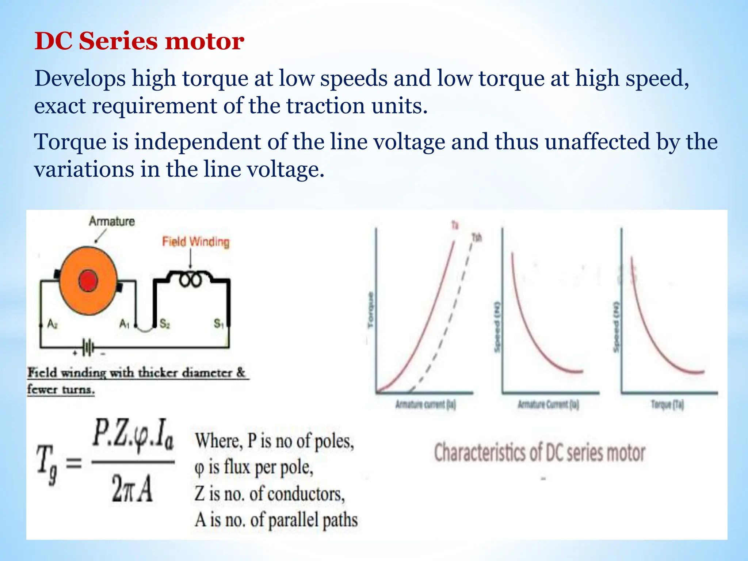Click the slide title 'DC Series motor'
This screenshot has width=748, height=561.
(139, 41)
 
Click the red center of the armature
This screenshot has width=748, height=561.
(88, 281)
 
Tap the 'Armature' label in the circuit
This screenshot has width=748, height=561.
(112, 221)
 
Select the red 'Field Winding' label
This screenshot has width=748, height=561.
(196, 242)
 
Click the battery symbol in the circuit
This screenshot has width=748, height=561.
(88, 347)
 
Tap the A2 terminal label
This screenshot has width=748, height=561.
(53, 324)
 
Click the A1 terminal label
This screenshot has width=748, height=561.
(124, 324)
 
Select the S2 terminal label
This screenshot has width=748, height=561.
(165, 324)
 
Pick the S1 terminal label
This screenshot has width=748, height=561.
(218, 324)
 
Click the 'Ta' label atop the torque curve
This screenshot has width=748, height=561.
(455, 225)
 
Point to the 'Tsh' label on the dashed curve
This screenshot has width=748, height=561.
(477, 238)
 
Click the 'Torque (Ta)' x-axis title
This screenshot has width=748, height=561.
(667, 405)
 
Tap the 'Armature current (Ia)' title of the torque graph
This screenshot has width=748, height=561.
(425, 405)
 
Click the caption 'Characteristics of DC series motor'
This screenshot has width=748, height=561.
(539, 453)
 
